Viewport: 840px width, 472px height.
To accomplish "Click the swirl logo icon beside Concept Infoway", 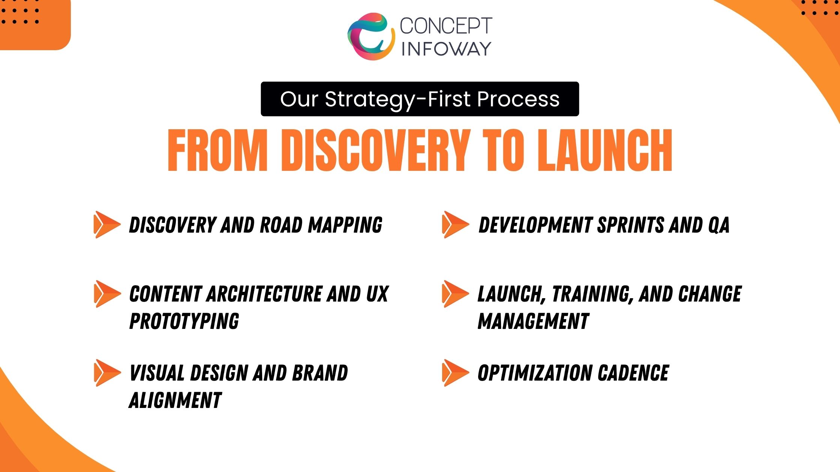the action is pyautogui.click(x=371, y=36).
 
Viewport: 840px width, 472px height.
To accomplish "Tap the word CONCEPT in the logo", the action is pyautogui.click(x=446, y=26).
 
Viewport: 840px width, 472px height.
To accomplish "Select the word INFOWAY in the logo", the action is pyautogui.click(x=446, y=49).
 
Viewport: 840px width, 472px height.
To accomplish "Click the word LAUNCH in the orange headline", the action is pyautogui.click(x=605, y=150).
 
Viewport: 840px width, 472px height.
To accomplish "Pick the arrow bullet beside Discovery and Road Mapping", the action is pyautogui.click(x=107, y=224).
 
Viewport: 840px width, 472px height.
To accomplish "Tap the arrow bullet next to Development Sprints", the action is pyautogui.click(x=456, y=224).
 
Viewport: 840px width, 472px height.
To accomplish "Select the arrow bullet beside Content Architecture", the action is pyautogui.click(x=107, y=294).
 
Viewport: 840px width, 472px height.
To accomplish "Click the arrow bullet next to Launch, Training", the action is pyautogui.click(x=456, y=294).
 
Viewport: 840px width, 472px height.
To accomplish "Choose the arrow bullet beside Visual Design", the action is pyautogui.click(x=107, y=373).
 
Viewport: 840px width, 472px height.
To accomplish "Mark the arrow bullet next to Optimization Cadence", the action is pyautogui.click(x=456, y=373).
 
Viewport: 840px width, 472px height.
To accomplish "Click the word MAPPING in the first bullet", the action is pyautogui.click(x=345, y=225).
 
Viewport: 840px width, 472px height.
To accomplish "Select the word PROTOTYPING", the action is pyautogui.click(x=184, y=321).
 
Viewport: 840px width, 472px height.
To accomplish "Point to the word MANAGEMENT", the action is pyautogui.click(x=533, y=321).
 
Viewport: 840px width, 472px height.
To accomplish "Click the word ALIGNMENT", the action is pyautogui.click(x=175, y=400).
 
